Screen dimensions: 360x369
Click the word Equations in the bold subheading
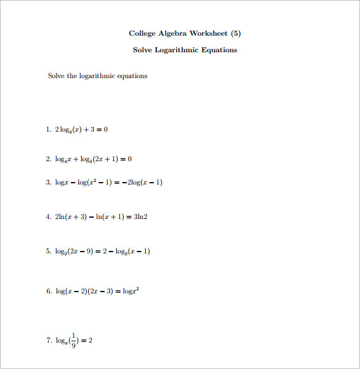(220, 50)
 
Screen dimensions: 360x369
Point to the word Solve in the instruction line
(56, 76)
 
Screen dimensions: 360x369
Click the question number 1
(48, 129)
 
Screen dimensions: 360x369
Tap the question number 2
(48, 159)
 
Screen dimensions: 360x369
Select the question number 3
(48, 182)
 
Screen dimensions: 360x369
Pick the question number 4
(48, 216)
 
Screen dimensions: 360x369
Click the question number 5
(48, 251)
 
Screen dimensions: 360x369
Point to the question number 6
(48, 291)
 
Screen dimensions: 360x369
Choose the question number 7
(48, 340)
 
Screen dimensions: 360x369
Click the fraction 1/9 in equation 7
(73, 339)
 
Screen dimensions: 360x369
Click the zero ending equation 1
(106, 129)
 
